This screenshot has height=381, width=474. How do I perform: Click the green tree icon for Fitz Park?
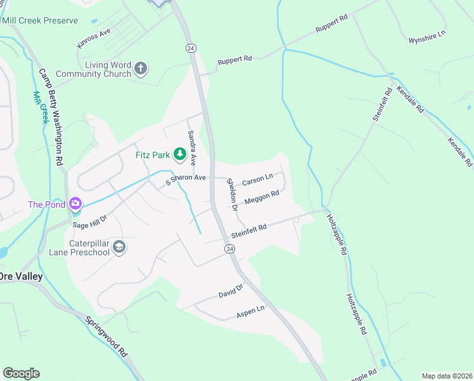(180, 154)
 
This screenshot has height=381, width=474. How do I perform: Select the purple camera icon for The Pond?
(75, 204)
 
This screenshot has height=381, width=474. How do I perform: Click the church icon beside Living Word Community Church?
(141, 68)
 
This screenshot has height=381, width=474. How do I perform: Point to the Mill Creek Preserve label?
(40, 20)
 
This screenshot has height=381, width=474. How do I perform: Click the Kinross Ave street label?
(93, 40)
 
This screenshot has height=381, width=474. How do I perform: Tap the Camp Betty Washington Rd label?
(53, 118)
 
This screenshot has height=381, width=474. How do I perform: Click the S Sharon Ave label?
(186, 178)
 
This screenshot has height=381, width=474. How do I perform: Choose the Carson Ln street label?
(257, 180)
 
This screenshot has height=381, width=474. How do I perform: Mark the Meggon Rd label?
(262, 198)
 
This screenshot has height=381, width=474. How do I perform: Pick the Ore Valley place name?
(22, 276)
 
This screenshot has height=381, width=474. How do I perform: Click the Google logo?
(21, 373)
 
